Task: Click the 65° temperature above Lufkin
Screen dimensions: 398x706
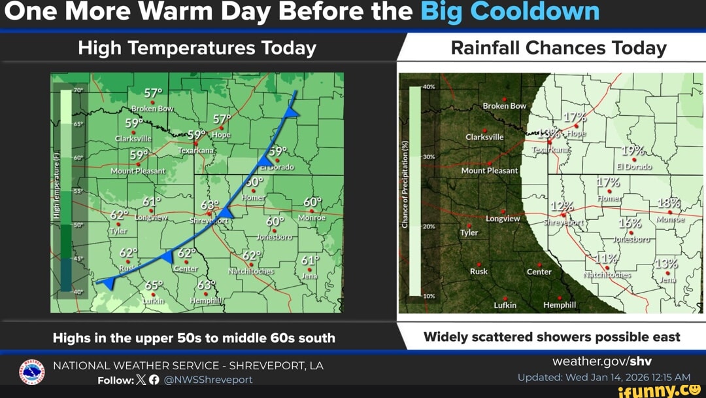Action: [154, 285]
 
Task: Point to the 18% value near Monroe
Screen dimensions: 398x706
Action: [669, 205]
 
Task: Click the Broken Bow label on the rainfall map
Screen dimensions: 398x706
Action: [504, 105]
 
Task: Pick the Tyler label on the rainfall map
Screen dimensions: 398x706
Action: [469, 232]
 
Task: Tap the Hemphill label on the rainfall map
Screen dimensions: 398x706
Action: [560, 305]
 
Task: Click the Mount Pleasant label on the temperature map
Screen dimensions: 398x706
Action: [138, 171]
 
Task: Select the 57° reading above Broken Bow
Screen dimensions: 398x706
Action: [154, 93]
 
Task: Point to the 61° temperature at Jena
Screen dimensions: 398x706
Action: [311, 261]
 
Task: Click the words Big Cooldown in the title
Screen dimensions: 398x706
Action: [510, 12]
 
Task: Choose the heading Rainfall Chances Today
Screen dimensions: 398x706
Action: [558, 48]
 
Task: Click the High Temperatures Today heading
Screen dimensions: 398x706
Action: [197, 48]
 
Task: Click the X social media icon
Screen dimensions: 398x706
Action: [142, 380]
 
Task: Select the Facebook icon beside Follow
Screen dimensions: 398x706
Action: [154, 380]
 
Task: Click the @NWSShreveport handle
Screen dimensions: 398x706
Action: [208, 380]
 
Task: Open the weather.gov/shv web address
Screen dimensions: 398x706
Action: [602, 361]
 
